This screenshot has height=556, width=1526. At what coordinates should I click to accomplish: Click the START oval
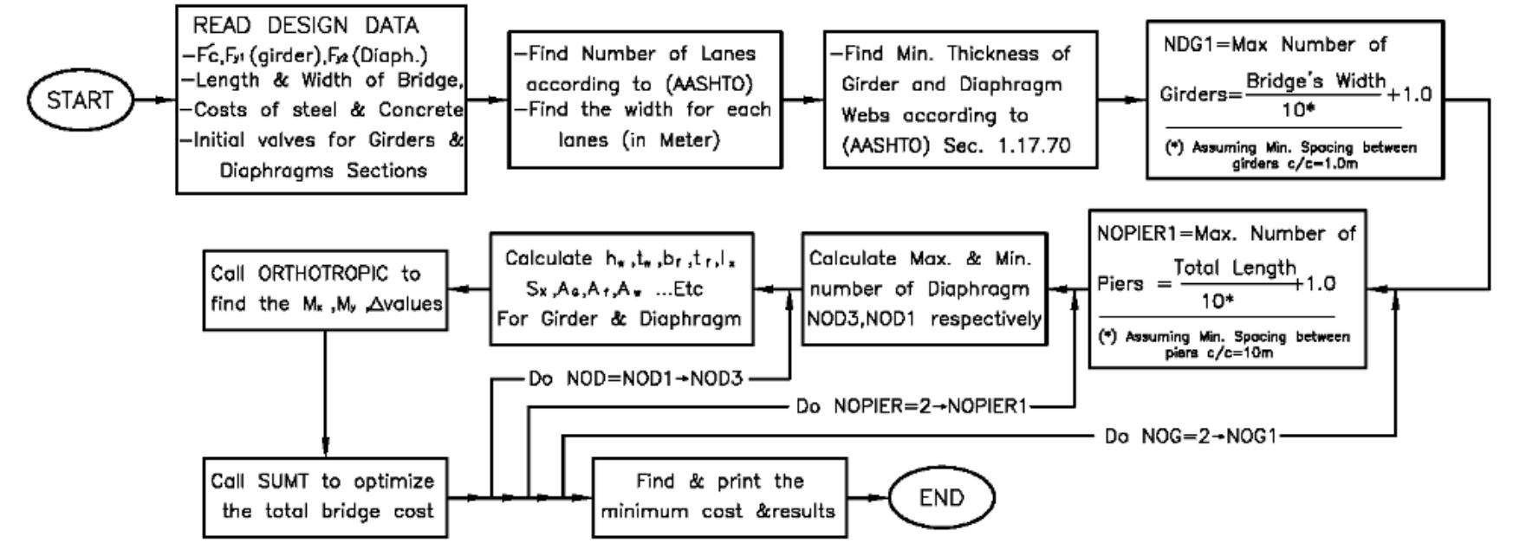[x=80, y=100]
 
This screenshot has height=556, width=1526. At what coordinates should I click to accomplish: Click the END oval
[x=941, y=498]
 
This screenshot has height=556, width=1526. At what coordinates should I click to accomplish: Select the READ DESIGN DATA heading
[x=305, y=26]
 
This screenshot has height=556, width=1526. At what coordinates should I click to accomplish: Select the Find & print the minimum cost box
[x=718, y=496]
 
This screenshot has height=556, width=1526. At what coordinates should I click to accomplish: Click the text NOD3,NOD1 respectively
[x=924, y=318]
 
